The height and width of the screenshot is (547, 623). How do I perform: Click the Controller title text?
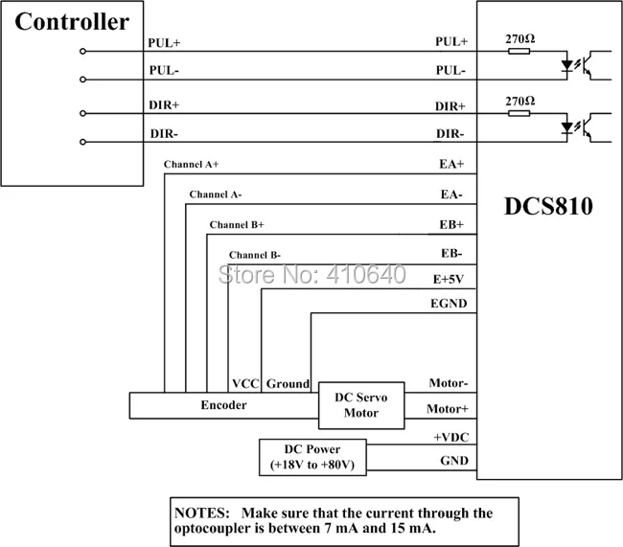72,22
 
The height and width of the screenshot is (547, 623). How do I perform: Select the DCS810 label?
548,206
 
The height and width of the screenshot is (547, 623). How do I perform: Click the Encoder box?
223,405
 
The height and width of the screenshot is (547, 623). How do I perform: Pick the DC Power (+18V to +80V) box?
311,456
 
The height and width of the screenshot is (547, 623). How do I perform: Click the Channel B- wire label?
255,254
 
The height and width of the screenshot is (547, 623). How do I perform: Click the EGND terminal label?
448,303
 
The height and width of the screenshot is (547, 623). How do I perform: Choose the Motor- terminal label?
448,383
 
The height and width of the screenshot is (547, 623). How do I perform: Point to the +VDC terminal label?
450,436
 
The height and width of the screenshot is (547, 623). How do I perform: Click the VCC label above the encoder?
245,383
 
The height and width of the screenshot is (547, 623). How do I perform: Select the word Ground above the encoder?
288,383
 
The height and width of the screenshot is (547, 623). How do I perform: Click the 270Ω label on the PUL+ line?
519,39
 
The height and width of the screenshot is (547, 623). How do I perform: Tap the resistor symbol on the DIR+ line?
519,113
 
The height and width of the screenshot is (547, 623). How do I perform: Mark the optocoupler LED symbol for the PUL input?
567,67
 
